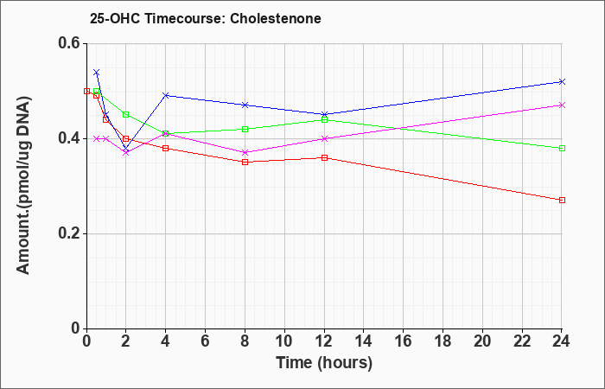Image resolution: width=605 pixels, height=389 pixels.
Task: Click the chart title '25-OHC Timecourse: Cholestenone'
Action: [x=206, y=18]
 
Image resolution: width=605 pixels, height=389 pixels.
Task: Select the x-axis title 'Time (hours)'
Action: [x=324, y=363]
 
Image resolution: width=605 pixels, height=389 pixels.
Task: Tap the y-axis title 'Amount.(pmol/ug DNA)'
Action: [x=24, y=185]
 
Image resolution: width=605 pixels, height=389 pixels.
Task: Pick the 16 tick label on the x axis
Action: [x=403, y=341]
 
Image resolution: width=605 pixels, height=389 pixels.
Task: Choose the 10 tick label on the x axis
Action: [x=284, y=341]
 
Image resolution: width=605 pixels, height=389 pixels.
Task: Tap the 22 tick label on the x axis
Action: [x=522, y=341]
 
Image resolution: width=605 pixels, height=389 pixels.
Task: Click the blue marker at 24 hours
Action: [x=562, y=81]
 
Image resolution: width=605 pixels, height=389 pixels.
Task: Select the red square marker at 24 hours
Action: [x=562, y=200]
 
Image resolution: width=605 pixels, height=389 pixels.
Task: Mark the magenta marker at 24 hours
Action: [x=562, y=105]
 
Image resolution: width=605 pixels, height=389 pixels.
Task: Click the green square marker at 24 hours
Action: [x=562, y=148]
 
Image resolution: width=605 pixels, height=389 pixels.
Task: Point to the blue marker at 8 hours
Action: [x=245, y=105]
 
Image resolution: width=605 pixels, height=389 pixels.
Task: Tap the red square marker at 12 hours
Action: [x=324, y=157]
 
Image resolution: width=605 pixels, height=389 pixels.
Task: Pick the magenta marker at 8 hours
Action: [x=245, y=152]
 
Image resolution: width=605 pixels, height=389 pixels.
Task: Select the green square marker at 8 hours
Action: [x=245, y=129]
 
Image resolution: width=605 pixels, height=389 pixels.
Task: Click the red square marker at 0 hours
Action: [x=86, y=91]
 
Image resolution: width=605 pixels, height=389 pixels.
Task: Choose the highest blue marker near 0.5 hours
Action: [x=97, y=72]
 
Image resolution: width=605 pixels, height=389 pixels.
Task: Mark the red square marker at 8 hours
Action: [x=245, y=163]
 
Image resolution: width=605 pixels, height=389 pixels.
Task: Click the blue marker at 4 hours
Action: [x=166, y=95]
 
